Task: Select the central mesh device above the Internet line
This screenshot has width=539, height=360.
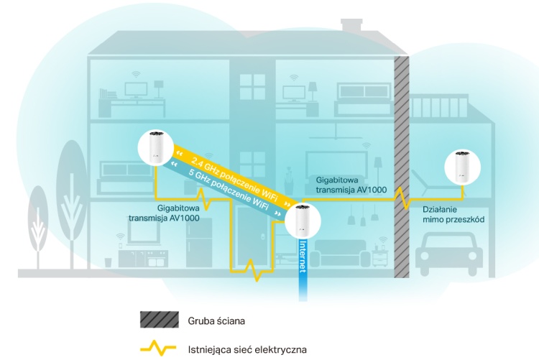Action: click(x=302, y=221)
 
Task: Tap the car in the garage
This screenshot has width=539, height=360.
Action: click(x=447, y=255)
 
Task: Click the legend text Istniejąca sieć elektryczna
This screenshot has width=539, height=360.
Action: click(x=247, y=350)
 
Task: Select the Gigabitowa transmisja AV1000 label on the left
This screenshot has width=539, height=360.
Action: click(x=164, y=211)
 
